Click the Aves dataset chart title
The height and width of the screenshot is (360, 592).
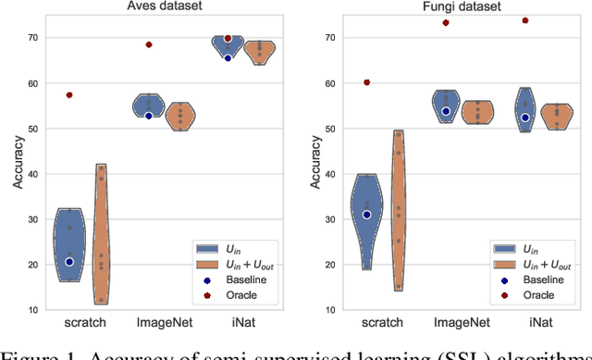pyautogui.click(x=165, y=7)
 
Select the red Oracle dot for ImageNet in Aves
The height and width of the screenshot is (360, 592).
pyautogui.click(x=149, y=44)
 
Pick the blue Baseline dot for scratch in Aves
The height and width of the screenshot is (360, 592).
pyautogui.click(x=69, y=262)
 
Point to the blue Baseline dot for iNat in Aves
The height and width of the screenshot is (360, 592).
pyautogui.click(x=228, y=58)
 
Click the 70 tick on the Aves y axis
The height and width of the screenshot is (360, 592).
pyautogui.click(x=33, y=38)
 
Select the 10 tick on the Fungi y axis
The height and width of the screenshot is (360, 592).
pyautogui.click(x=329, y=310)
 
